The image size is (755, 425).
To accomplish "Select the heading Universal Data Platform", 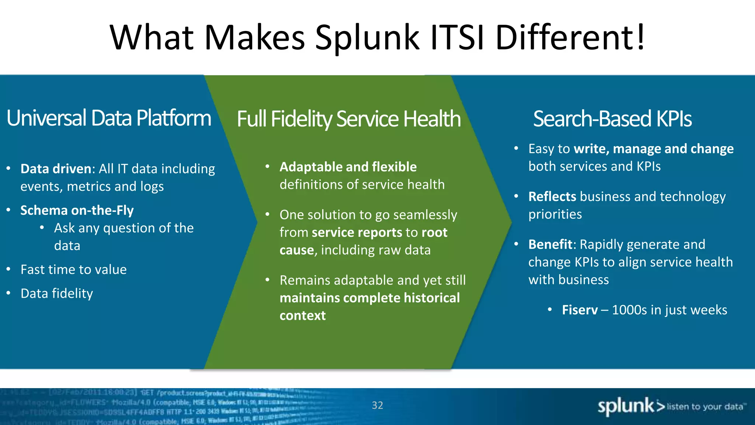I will (109, 118).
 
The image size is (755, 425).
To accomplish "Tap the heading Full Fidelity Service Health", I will (348, 119).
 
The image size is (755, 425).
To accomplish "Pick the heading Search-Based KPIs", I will (612, 119).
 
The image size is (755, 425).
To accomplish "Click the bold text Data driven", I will (56, 169).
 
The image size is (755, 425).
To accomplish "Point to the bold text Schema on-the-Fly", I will (77, 210).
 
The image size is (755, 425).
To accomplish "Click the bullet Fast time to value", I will (73, 270).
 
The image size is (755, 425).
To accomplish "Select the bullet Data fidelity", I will (57, 294).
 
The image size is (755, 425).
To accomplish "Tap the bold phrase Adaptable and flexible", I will (348, 167).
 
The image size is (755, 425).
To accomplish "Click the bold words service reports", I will (357, 233).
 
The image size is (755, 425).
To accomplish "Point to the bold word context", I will (302, 316).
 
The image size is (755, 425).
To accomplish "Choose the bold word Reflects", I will (552, 197).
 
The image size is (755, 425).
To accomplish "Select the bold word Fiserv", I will (580, 310).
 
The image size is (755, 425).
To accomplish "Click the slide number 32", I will (377, 405).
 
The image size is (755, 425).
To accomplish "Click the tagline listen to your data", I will (705, 407).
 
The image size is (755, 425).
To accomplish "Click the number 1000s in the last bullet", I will (629, 310).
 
